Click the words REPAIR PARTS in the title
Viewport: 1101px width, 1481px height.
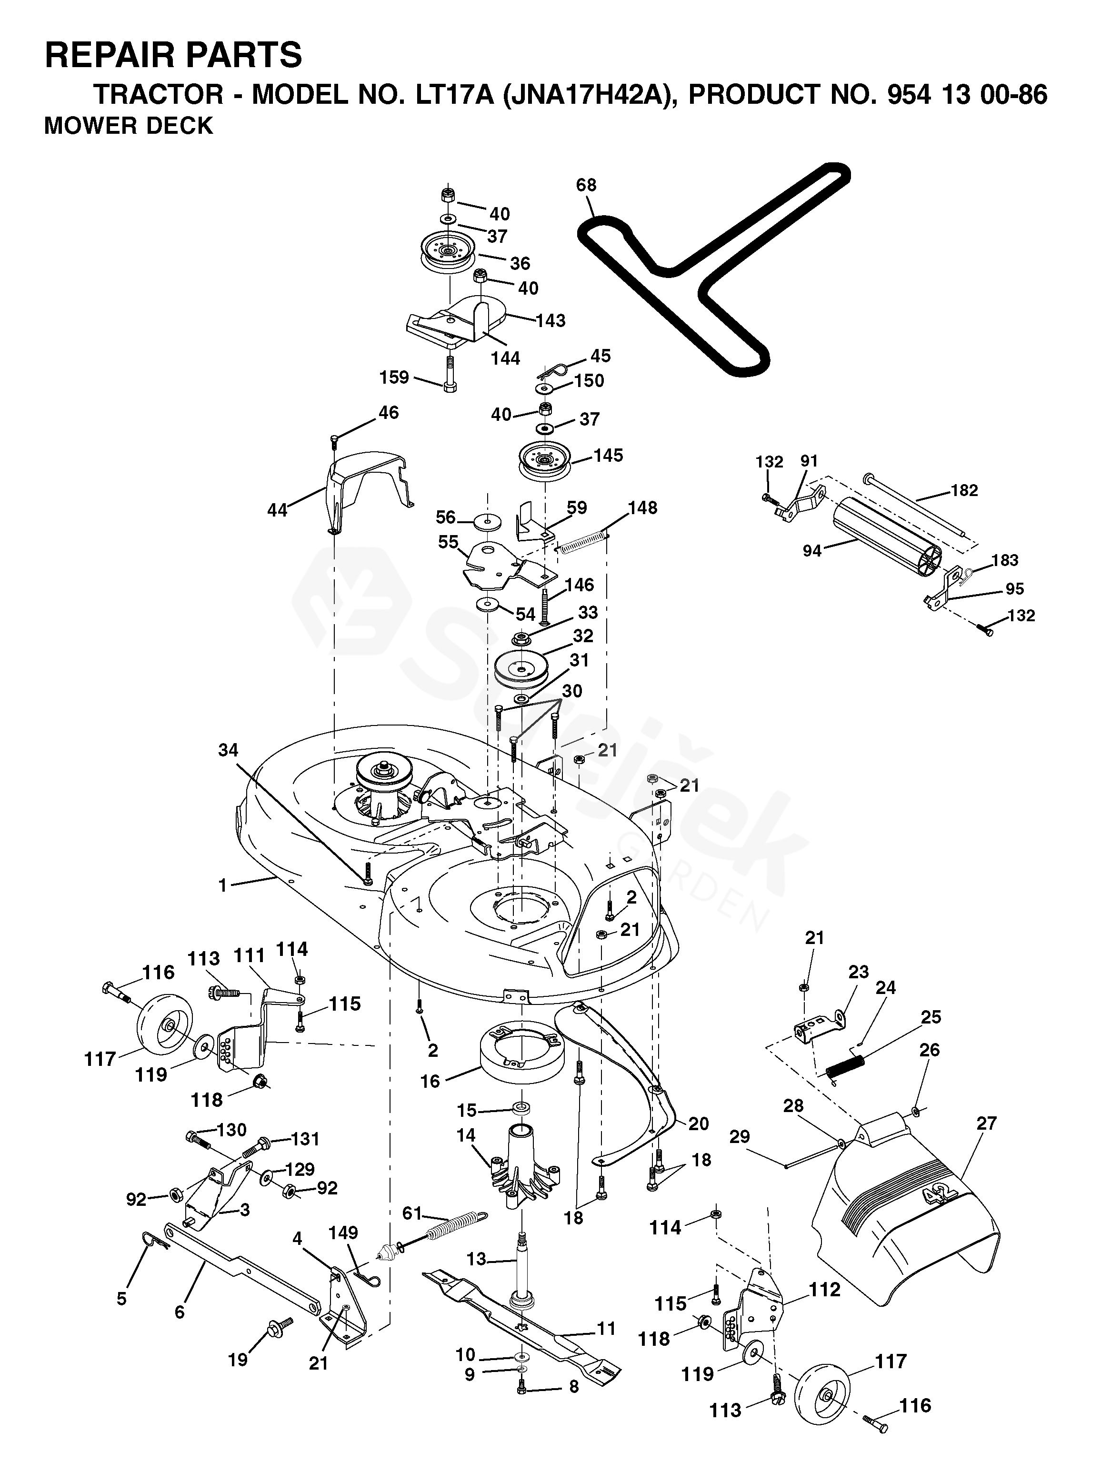tap(173, 55)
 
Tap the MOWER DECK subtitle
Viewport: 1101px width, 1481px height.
tap(129, 126)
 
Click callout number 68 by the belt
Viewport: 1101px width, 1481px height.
tap(587, 185)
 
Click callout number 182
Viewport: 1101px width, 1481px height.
tap(964, 490)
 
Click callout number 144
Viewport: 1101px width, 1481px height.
tap(506, 358)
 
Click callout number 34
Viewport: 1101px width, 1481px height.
tap(228, 750)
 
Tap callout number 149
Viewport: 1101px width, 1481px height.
tap(343, 1233)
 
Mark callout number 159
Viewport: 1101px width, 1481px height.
tap(394, 378)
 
